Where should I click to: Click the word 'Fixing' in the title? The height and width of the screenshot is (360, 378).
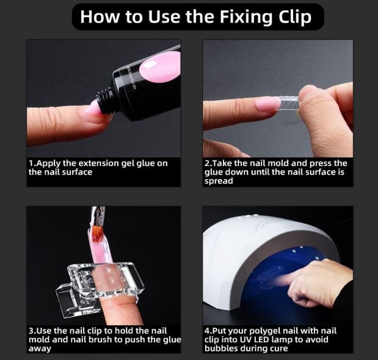click(245, 17)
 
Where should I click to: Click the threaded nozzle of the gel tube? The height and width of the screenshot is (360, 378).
click(105, 101)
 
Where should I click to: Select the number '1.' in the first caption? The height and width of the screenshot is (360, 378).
click(32, 164)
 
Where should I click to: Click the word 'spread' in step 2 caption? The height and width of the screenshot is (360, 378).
click(219, 181)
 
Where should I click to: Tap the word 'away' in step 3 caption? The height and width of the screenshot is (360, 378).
click(40, 348)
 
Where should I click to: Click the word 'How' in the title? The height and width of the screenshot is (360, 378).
click(100, 17)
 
